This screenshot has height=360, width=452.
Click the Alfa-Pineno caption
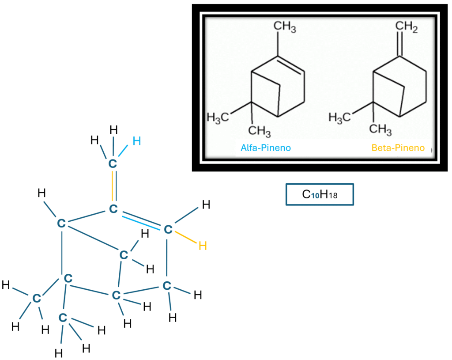[266, 148]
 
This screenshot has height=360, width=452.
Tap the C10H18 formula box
[320, 195]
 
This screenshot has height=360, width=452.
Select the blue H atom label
[137, 141]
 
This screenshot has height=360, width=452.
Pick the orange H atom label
[203, 246]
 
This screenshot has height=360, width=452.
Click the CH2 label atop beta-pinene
[407, 27]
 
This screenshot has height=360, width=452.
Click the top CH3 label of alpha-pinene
[285, 28]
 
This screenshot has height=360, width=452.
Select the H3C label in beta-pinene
[341, 117]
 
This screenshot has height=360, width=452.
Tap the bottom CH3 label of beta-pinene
[381, 129]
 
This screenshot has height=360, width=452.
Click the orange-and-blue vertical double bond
[113, 186]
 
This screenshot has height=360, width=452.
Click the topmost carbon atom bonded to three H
[113, 164]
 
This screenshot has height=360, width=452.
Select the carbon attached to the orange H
[167, 230]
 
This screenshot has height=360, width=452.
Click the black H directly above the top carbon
[113, 130]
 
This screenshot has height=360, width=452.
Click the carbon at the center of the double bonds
[113, 208]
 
